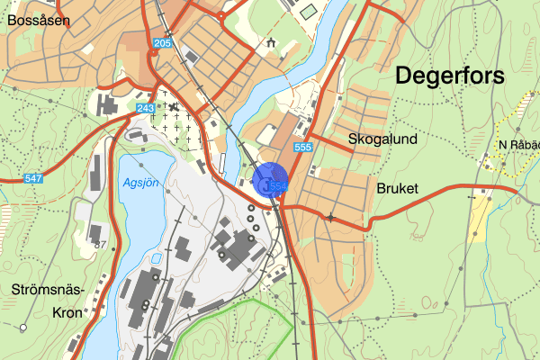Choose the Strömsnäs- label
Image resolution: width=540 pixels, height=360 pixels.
49,290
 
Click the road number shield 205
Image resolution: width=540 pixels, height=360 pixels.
162,43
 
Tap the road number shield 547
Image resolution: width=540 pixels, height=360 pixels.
34,179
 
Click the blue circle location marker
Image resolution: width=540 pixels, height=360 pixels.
271,179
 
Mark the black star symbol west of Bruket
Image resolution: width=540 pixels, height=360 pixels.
332,217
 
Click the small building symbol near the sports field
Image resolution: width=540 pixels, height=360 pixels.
271,41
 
